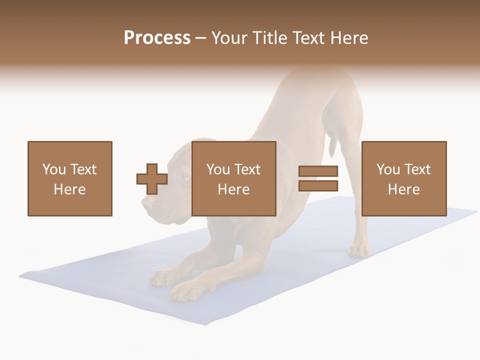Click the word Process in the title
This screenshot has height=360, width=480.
pos(157,38)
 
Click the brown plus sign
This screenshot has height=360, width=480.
pos(152,179)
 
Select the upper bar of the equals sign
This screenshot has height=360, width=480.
pos(318,171)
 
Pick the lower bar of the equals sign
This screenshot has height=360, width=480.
pos(318,185)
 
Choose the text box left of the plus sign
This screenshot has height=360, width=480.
pos(69,178)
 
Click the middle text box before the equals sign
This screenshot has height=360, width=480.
pos(233,178)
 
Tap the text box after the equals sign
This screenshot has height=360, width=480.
pos(403,178)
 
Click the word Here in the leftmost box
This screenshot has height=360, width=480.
pos(69,189)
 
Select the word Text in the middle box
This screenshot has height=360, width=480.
pos(247,169)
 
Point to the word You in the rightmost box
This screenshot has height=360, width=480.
pos(388,169)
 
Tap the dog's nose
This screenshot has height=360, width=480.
pos(145,202)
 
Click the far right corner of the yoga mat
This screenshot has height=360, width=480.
pos(476,210)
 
